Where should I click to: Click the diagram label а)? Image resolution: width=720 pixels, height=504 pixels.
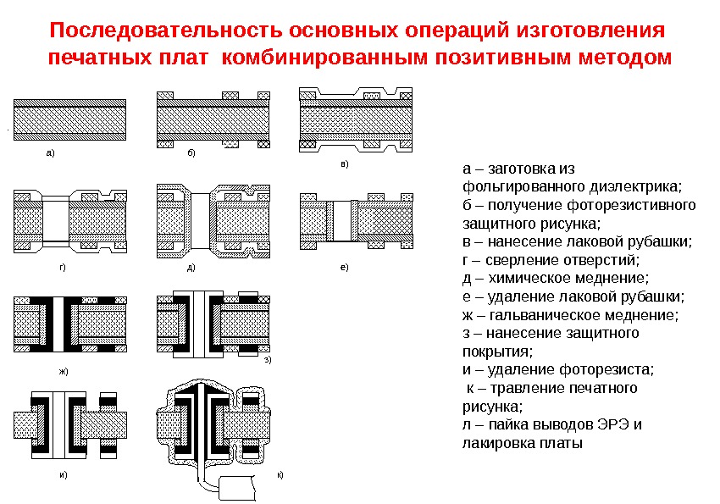(49, 153)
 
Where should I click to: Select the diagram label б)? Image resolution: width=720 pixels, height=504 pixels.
(191, 153)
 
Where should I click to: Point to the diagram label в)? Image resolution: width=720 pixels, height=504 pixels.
(344, 163)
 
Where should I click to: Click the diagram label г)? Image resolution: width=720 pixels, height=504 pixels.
(62, 267)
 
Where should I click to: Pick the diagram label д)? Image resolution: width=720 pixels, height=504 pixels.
(191, 267)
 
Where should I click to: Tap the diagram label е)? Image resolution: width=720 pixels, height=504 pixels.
(344, 267)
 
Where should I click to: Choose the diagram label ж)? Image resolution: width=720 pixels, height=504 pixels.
(62, 371)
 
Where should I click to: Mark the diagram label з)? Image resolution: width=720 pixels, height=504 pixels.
(268, 361)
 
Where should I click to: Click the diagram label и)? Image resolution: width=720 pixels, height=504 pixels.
(62, 475)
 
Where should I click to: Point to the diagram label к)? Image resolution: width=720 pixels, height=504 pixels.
(280, 475)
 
